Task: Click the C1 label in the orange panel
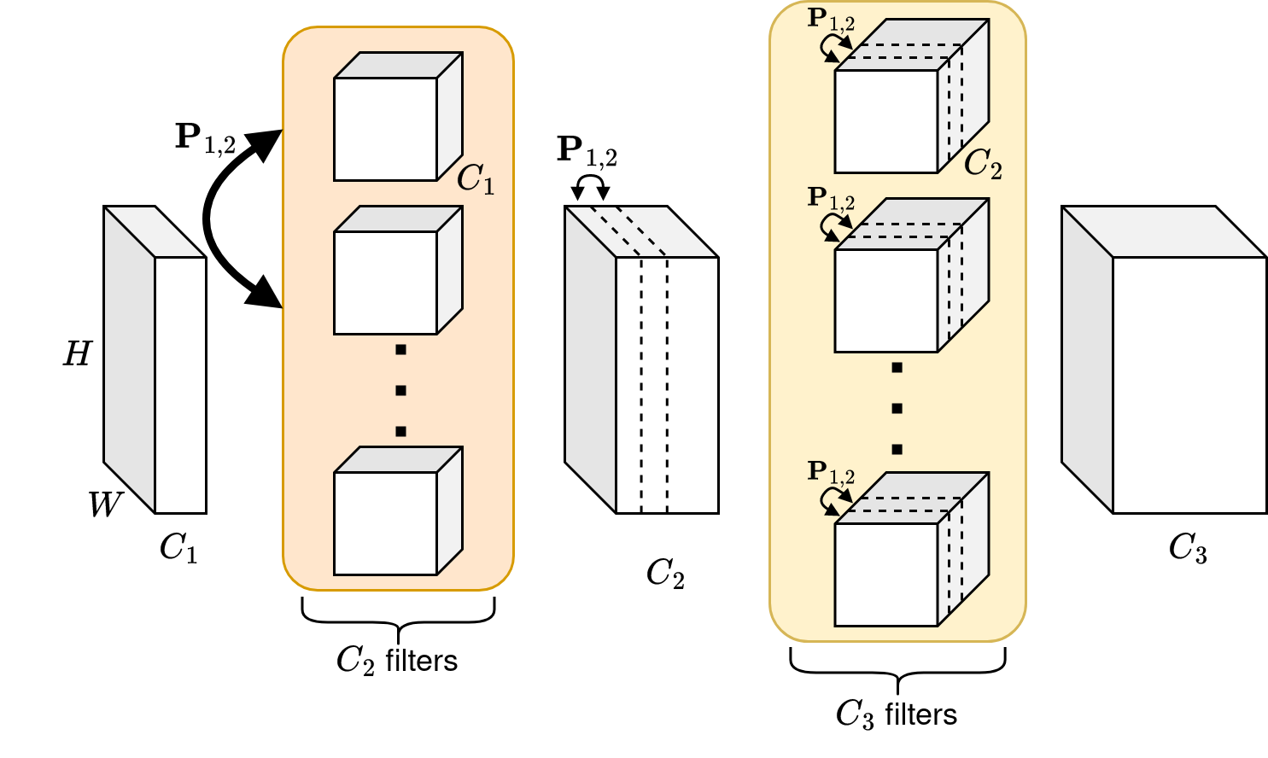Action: click(475, 179)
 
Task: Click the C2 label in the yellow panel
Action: click(982, 163)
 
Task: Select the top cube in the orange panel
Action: click(386, 129)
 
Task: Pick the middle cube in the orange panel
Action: click(386, 283)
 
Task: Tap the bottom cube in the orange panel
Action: click(386, 523)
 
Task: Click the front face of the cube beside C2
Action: click(886, 121)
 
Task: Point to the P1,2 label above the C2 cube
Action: click(831, 20)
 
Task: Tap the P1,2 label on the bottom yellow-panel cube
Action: click(831, 472)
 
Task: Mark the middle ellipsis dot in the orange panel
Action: click(400, 391)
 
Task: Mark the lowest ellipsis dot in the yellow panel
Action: click(897, 450)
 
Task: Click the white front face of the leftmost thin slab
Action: click(180, 384)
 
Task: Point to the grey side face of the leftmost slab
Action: click(130, 359)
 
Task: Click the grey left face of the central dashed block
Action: click(591, 359)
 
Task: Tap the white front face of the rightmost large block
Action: click(1189, 384)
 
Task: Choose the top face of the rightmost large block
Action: click(1164, 231)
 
